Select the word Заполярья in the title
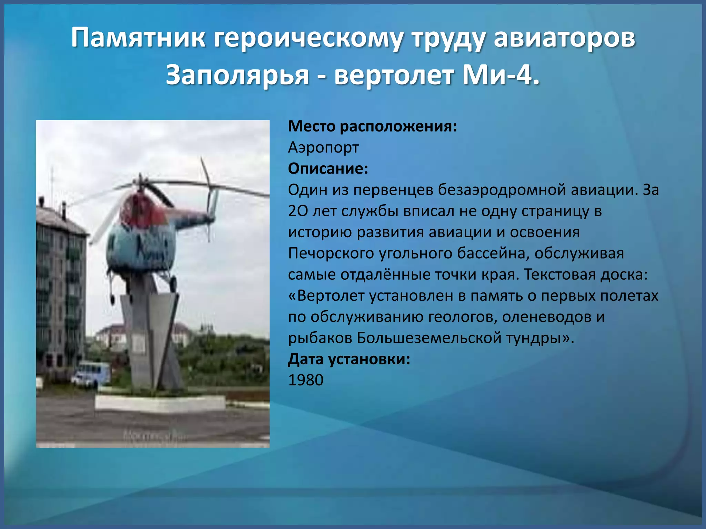pos(237,75)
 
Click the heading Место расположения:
pos(372,126)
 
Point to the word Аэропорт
pos(323,147)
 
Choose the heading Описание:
pos(328,169)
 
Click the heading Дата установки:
pos(349,359)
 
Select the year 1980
pos(306,380)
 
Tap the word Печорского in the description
pos(331,253)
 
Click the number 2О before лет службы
pos(297,211)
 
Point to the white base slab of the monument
pos(160,403)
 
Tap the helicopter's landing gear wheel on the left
pos(112,299)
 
